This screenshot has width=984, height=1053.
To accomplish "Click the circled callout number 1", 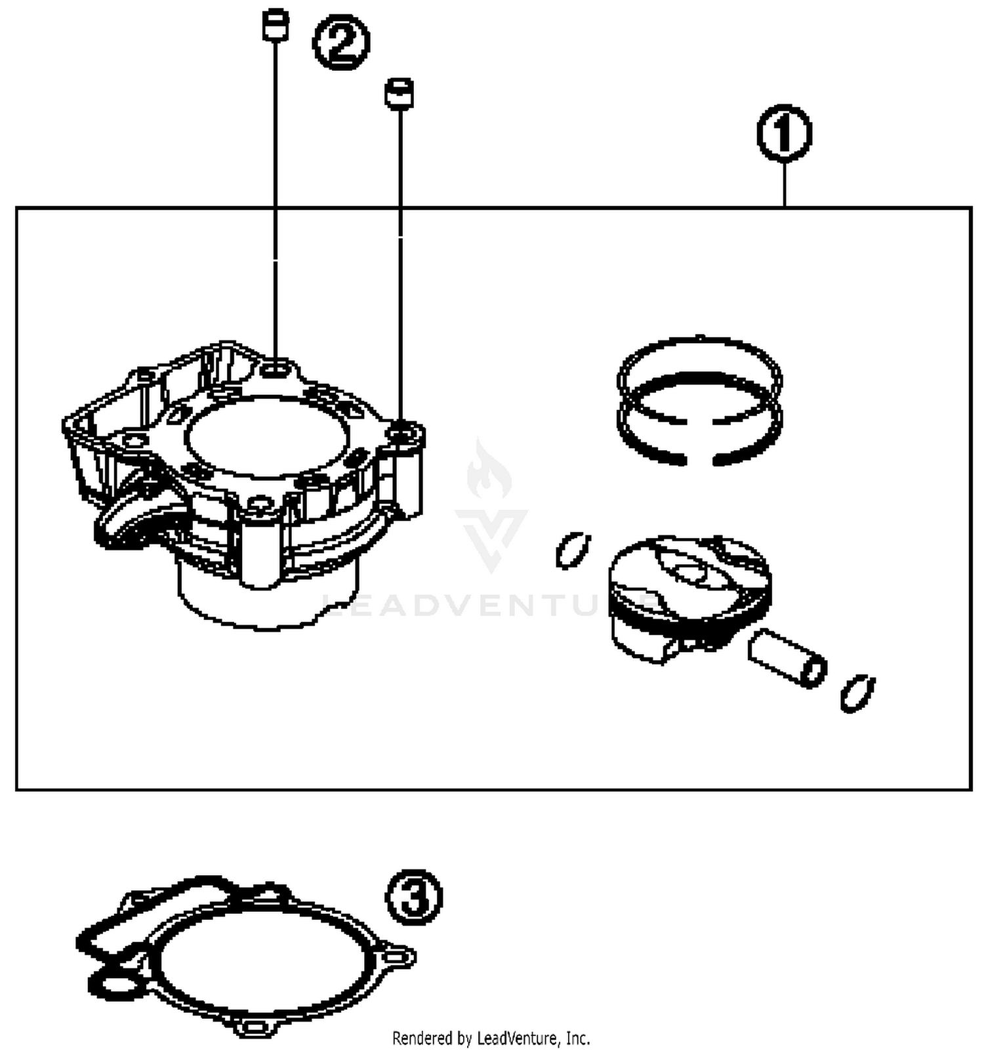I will click(784, 133).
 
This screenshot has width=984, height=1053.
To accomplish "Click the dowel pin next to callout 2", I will click(275, 25).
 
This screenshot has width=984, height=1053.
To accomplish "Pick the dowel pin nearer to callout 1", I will click(399, 93).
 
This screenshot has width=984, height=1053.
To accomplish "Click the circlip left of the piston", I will click(573, 550).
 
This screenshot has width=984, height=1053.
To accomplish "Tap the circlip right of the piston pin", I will click(857, 692).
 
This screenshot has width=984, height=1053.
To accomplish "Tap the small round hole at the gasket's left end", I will click(115, 984).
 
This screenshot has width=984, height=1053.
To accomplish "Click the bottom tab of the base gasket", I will click(253, 1026).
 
